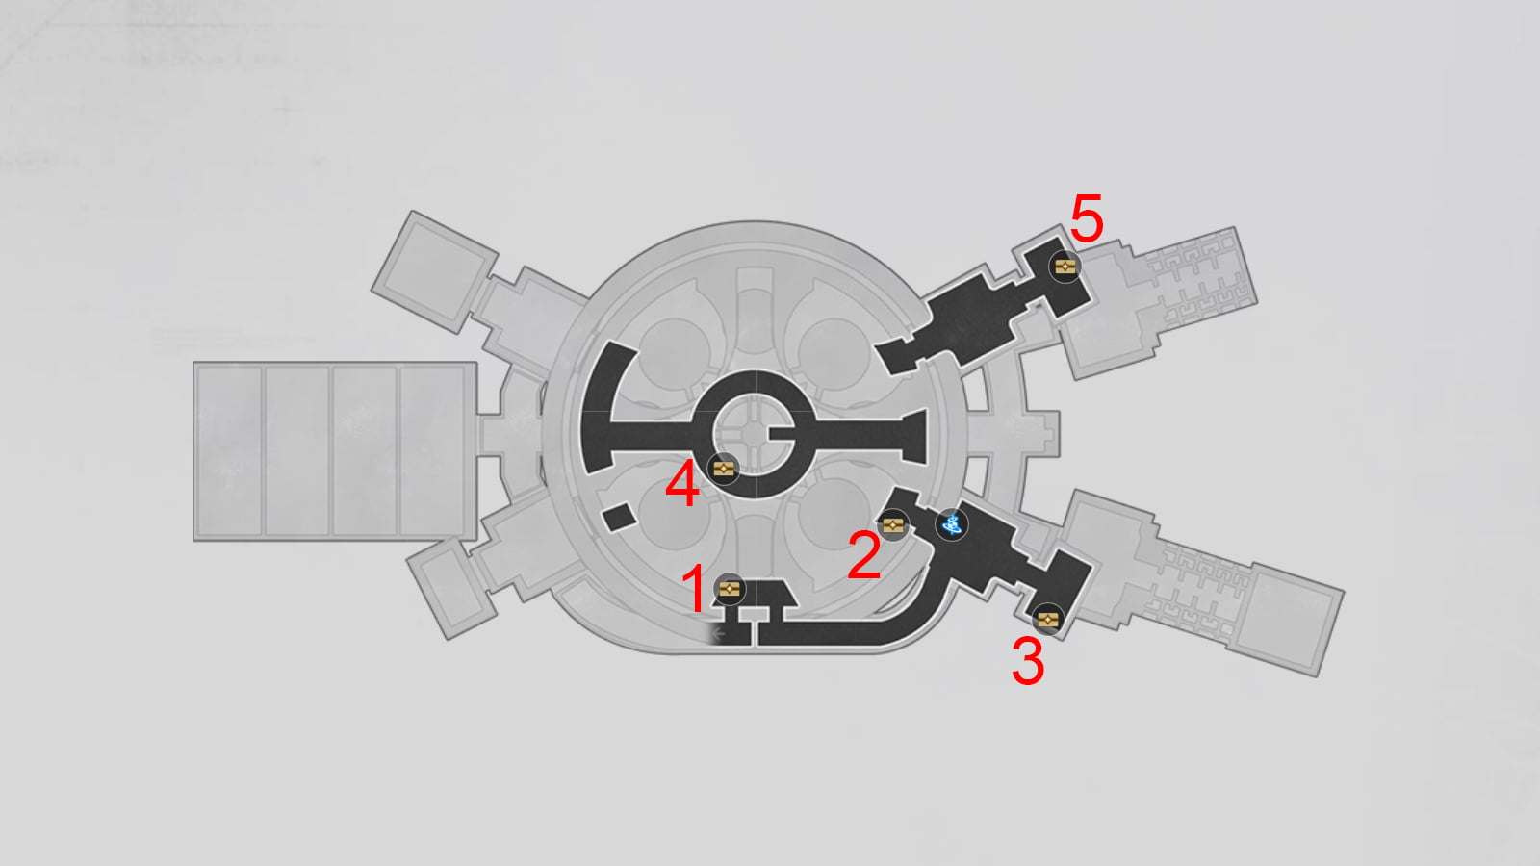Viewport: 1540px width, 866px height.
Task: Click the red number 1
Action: (694, 588)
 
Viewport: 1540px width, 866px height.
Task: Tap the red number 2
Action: (864, 554)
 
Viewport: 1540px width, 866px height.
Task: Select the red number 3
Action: (1028, 660)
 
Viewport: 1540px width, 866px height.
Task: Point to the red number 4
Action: (682, 484)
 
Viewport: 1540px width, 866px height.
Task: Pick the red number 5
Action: (1087, 217)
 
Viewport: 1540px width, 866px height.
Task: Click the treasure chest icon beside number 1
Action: (730, 589)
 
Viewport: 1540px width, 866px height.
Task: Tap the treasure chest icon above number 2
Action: (893, 525)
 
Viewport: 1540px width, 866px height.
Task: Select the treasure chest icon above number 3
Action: (1048, 620)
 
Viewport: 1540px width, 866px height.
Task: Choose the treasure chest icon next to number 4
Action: (723, 469)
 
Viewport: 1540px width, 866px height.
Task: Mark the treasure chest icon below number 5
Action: (1065, 266)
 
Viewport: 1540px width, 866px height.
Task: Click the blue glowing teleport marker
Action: (952, 525)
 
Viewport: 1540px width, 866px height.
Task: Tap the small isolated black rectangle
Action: (620, 517)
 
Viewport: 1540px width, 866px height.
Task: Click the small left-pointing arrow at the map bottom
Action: (719, 633)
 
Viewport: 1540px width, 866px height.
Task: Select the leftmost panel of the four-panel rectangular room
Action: (229, 451)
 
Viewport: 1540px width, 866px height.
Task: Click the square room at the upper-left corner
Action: (434, 272)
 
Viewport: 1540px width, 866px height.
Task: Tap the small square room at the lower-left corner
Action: (451, 588)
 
